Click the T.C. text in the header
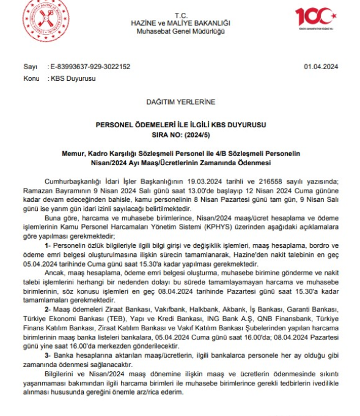point(180,14)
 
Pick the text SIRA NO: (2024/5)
point(180,132)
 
